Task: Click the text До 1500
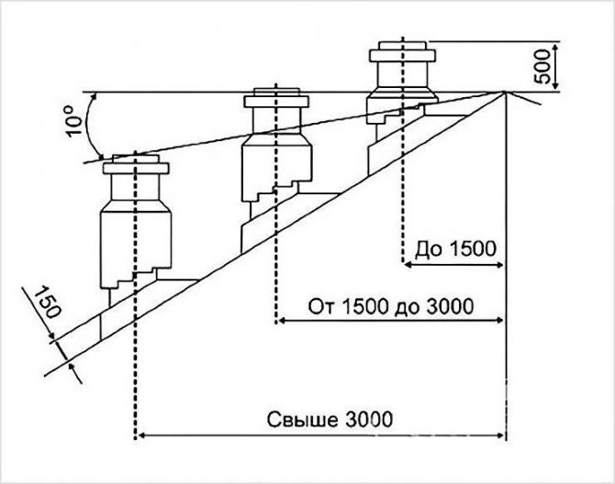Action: [x=455, y=248]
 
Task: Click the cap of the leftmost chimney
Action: [x=135, y=165]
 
